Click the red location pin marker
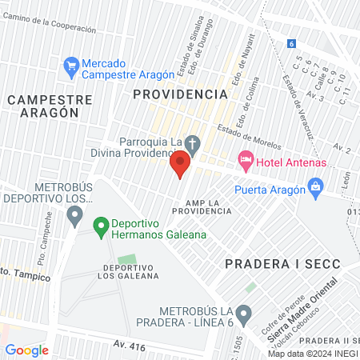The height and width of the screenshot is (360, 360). coord(179,165)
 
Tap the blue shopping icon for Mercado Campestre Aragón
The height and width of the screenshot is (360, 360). coord(71,64)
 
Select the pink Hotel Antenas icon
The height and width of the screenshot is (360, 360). coord(246,161)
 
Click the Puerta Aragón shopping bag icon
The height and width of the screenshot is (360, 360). coord(317,189)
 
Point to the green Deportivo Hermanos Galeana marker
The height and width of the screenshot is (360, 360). coord(101,227)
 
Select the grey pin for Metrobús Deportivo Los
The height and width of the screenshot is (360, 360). coord(75,214)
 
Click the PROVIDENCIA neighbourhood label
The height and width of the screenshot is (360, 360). coord(180,94)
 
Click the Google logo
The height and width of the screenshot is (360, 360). coord(26,350)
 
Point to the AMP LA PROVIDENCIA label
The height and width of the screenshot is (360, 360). coord(207,206)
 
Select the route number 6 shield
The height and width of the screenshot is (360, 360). coord(292,44)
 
